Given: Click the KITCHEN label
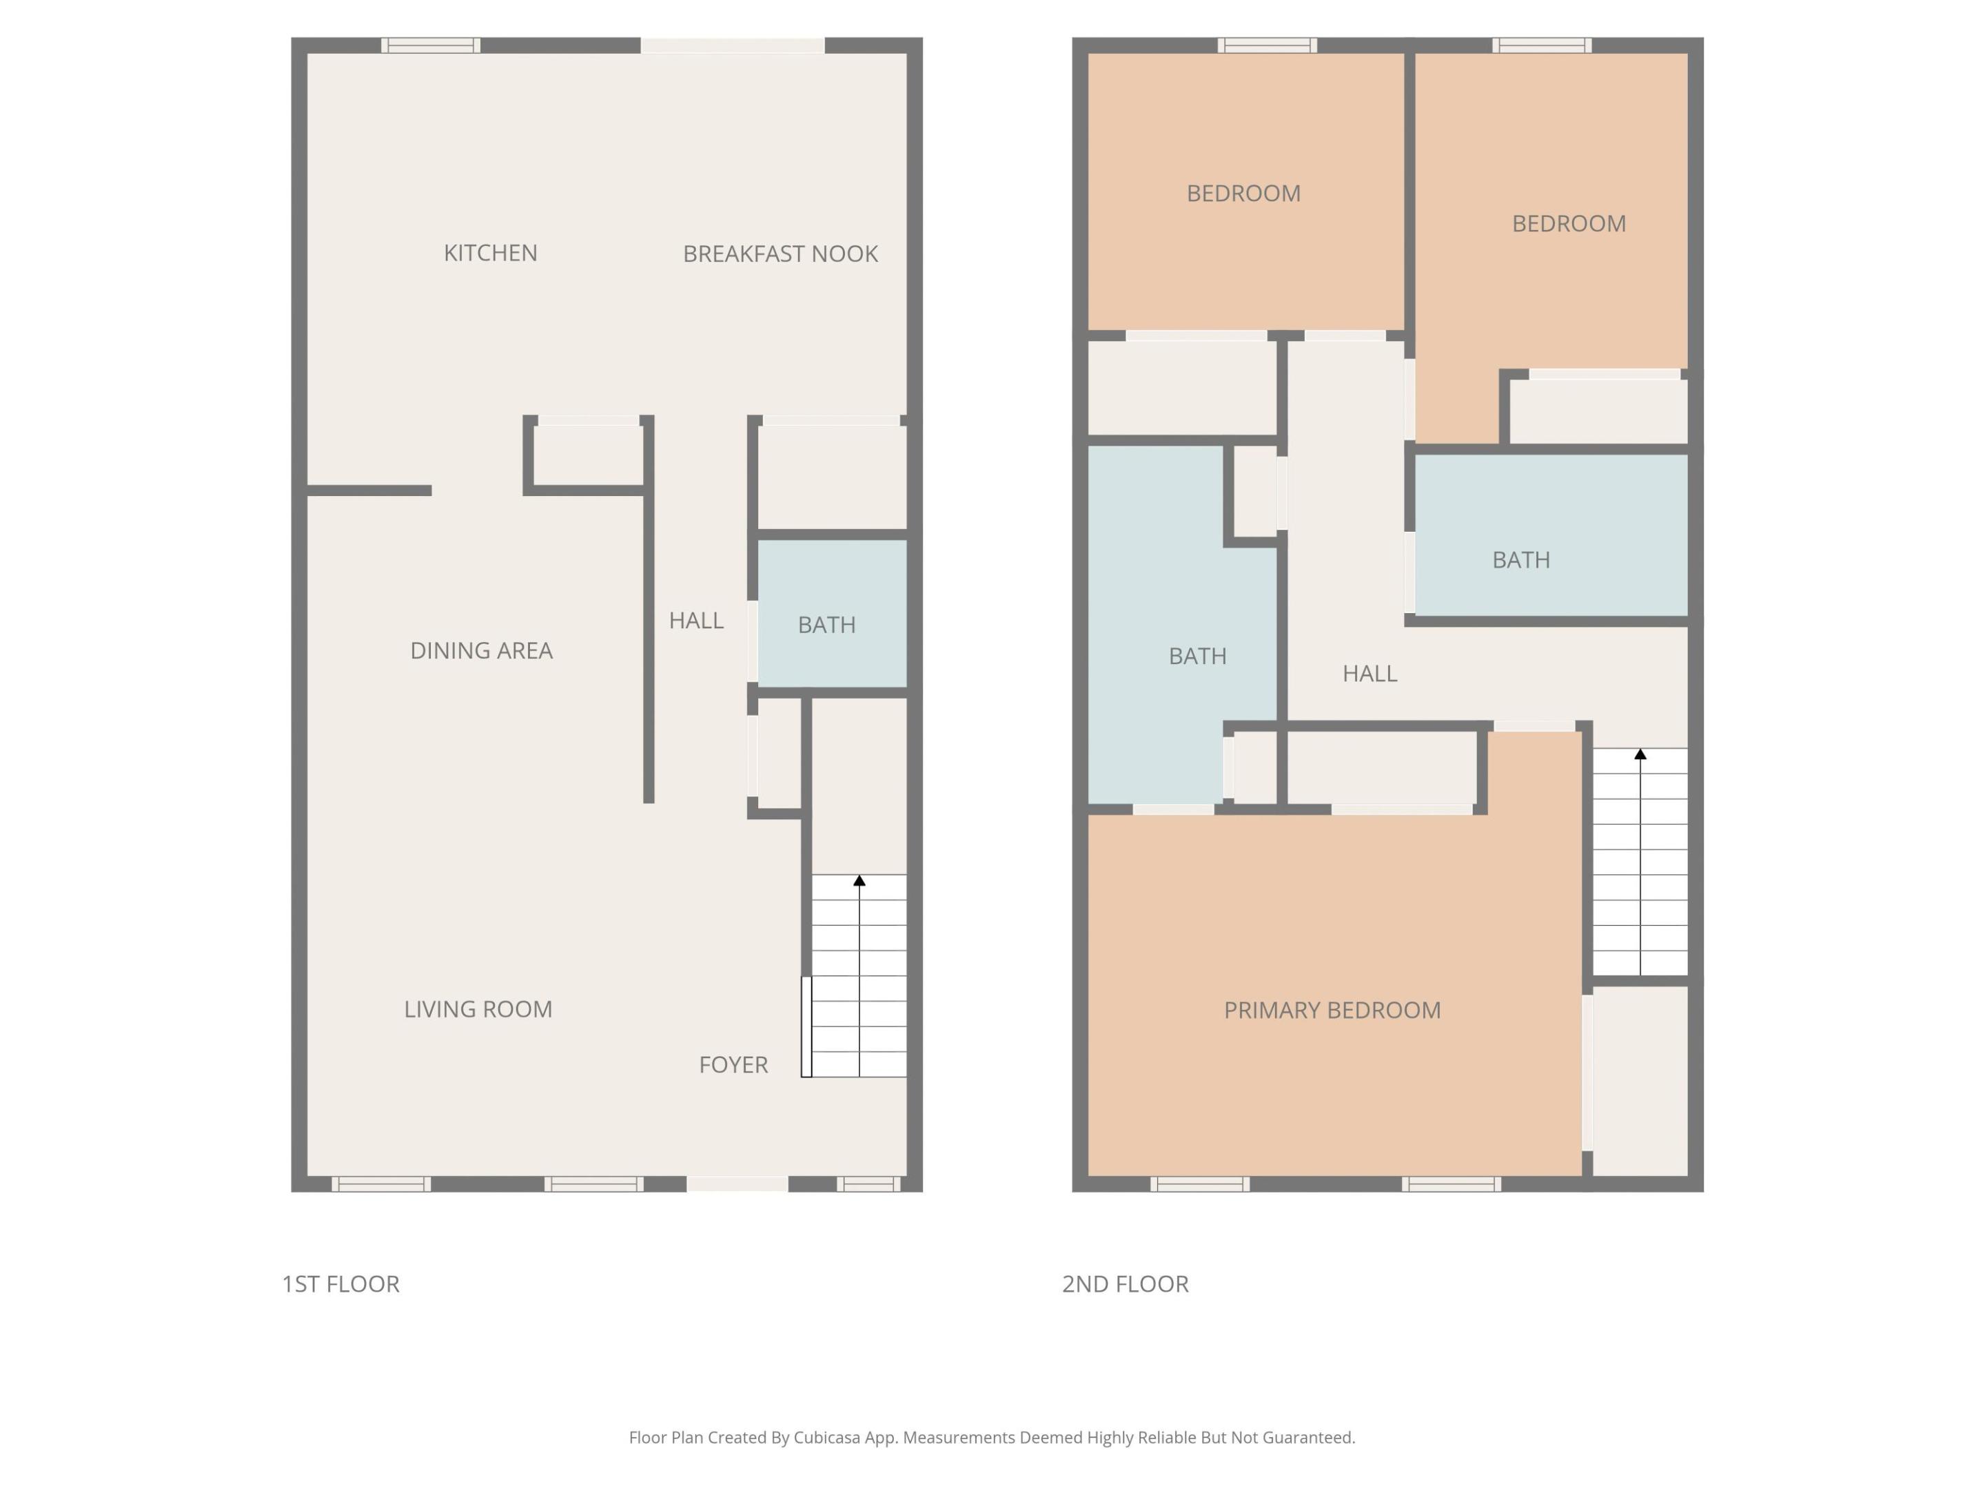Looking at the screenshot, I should (490, 253).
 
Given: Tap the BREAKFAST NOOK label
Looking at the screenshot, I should (780, 254).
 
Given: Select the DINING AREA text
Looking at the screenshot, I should (481, 650).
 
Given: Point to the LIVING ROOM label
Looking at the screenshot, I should (478, 1009).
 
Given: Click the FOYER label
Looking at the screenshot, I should (733, 1064).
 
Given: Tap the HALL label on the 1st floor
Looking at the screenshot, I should (695, 620).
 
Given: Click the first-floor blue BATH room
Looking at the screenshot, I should (826, 624).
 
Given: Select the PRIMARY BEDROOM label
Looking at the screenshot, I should (1332, 1010).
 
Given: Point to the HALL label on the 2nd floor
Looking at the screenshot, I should (1370, 674).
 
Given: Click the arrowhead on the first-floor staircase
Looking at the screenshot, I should (859, 881).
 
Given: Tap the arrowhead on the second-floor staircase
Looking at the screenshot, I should (1640, 754).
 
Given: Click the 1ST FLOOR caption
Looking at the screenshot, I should (340, 1283).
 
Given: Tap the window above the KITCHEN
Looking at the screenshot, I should (430, 45).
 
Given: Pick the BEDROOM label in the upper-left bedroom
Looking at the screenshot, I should (1243, 193).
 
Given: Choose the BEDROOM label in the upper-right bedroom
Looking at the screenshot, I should (1568, 223).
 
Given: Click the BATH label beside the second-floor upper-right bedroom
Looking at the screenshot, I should (1520, 559).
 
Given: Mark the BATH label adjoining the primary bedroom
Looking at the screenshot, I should (1197, 656).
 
